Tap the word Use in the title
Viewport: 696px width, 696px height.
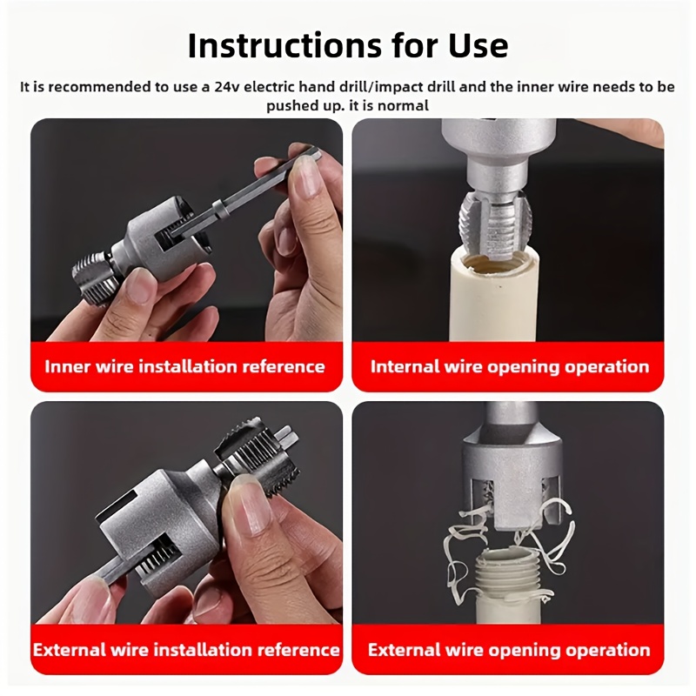pos(476,44)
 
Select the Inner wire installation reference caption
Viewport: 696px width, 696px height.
pos(184,366)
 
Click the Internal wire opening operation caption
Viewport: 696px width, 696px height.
pos(510,366)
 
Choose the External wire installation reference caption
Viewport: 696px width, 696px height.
pos(186,649)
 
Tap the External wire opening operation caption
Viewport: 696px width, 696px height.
pos(509,650)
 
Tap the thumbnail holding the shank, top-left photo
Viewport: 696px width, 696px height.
pos(306,177)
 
